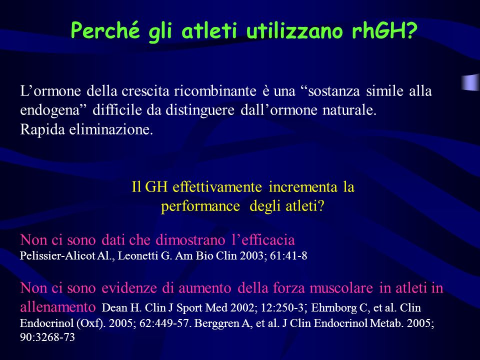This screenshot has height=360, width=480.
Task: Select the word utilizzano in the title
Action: (x=294, y=30)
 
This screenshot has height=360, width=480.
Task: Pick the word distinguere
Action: (x=200, y=110)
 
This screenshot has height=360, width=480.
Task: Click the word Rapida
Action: (x=42, y=130)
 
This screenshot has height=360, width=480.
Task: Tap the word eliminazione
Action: (x=110, y=129)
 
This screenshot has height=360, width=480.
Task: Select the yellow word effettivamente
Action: (x=217, y=186)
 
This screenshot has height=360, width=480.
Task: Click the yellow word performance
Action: (x=200, y=206)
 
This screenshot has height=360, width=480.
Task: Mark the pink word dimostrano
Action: (x=190, y=240)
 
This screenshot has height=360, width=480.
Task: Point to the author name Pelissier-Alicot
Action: (x=57, y=256)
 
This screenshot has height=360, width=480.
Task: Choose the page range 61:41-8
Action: (x=288, y=256)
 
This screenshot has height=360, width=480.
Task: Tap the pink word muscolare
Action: (x=341, y=288)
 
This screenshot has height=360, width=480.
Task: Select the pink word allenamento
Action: (x=58, y=307)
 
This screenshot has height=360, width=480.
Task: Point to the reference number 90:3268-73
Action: (x=47, y=337)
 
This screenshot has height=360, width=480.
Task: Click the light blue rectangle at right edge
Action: (x=470, y=82)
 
